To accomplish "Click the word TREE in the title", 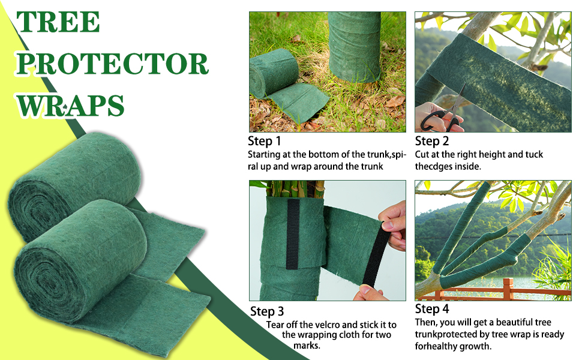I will (x=58, y=23).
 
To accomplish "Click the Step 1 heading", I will (x=265, y=142).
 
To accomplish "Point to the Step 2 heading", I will (x=432, y=142).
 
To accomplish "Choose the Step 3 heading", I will (x=267, y=311).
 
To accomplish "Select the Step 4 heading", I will (x=432, y=309).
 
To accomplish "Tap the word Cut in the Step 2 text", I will (x=422, y=155).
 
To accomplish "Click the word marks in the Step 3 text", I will (x=307, y=346).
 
